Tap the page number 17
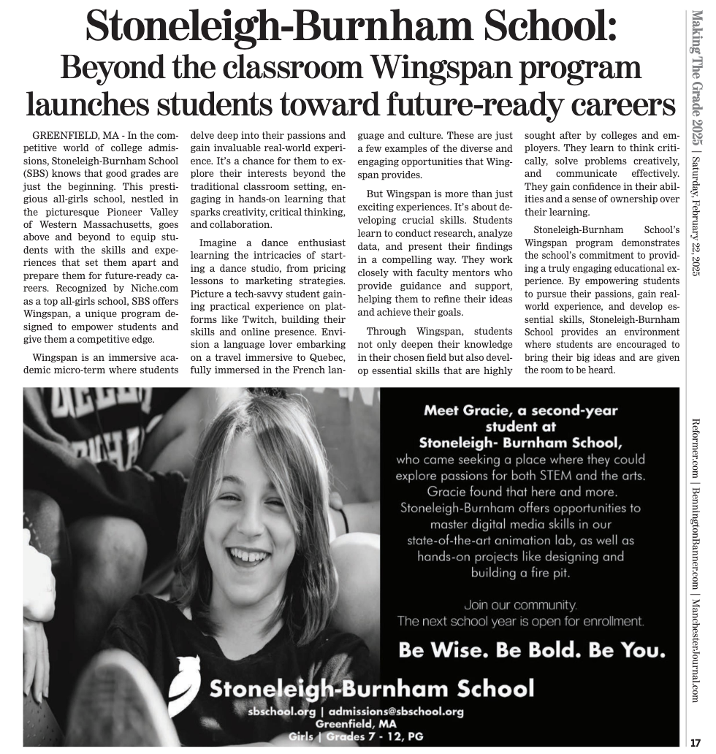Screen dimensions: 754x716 pos(696,742)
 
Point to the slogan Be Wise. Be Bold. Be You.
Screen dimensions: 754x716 pos(532,650)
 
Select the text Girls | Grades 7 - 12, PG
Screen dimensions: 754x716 pos(356,736)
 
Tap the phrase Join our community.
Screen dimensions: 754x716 pos(520,605)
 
